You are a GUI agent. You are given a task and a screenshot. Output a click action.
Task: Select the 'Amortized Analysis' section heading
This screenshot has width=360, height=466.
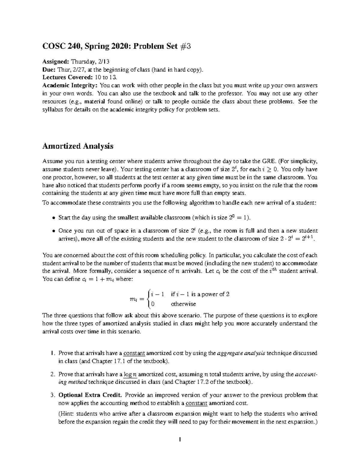[78, 146]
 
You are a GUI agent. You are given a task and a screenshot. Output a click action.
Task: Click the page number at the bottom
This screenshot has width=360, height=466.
[180, 440]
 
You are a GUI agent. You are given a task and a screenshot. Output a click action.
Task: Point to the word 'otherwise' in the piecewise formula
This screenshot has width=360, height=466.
[183, 304]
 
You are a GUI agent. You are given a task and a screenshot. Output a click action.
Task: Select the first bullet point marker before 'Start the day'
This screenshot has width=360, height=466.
[54, 218]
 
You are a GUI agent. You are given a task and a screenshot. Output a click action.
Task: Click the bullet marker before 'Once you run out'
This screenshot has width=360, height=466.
[54, 231]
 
